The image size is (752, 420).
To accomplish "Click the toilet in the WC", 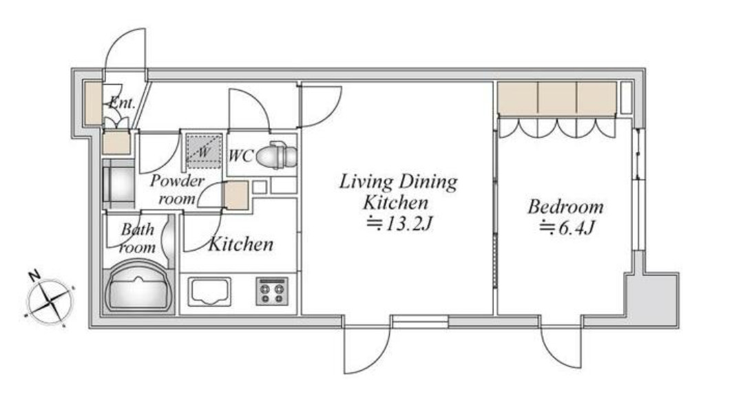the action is [278, 156].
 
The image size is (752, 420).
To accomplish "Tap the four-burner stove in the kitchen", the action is [271, 291].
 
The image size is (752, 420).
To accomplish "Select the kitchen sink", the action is [209, 291].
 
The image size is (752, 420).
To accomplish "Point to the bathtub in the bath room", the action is [138, 286].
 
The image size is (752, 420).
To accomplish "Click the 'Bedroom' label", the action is [565, 207].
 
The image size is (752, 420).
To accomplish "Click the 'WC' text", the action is [240, 156].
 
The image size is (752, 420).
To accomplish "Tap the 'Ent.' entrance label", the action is [122, 102].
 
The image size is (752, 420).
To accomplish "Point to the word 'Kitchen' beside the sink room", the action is [241, 244].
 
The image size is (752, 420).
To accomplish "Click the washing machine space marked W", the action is [204, 151].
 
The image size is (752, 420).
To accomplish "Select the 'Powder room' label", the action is [177, 189].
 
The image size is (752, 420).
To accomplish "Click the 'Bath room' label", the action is [138, 238].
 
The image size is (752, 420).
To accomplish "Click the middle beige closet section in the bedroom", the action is [557, 98].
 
